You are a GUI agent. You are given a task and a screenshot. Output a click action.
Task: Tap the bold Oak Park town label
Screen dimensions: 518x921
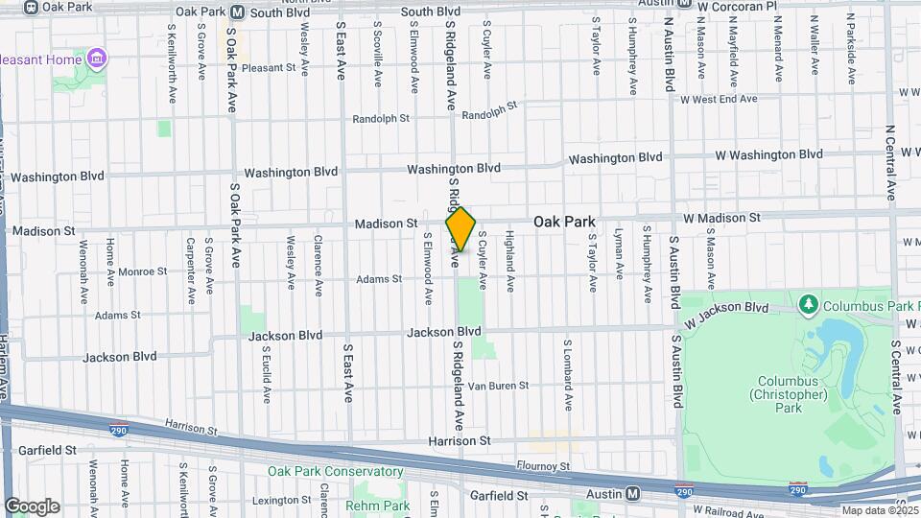564,222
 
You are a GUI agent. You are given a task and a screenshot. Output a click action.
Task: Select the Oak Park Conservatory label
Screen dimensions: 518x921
336,471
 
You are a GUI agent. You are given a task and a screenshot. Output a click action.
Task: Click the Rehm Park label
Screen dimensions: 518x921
378,506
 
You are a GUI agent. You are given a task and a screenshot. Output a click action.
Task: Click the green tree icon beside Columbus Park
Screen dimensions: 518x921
808,305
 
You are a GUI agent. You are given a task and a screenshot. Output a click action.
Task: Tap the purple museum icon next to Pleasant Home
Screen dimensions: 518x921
95,59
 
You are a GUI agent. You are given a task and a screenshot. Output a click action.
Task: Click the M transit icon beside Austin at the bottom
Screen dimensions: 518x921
633,494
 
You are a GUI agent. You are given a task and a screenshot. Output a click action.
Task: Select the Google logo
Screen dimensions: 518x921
32,506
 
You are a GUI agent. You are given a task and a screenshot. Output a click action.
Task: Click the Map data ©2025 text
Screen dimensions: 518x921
879,510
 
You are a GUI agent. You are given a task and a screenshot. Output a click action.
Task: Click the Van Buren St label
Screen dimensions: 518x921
502,386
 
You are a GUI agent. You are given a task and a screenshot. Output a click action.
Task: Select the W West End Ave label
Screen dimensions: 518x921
719,99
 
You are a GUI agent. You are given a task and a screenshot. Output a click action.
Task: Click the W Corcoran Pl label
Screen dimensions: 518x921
737,7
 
